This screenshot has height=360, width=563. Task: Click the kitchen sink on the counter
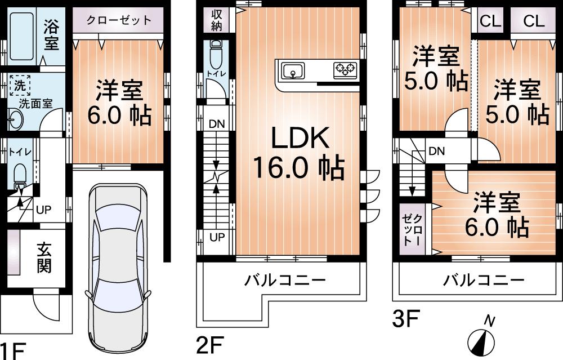pos(293,72)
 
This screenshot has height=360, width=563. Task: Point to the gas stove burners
pos(345,70)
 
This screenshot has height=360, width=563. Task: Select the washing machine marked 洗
pos(21,87)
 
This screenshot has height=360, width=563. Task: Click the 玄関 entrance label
pos(45,257)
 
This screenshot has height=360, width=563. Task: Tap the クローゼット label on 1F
pos(119,20)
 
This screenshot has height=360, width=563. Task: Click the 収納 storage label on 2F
pos(216,19)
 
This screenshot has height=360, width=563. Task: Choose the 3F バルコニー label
pos(483,280)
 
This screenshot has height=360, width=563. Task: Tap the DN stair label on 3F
pos(436,151)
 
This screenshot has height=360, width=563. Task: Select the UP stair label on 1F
pos(43,210)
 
